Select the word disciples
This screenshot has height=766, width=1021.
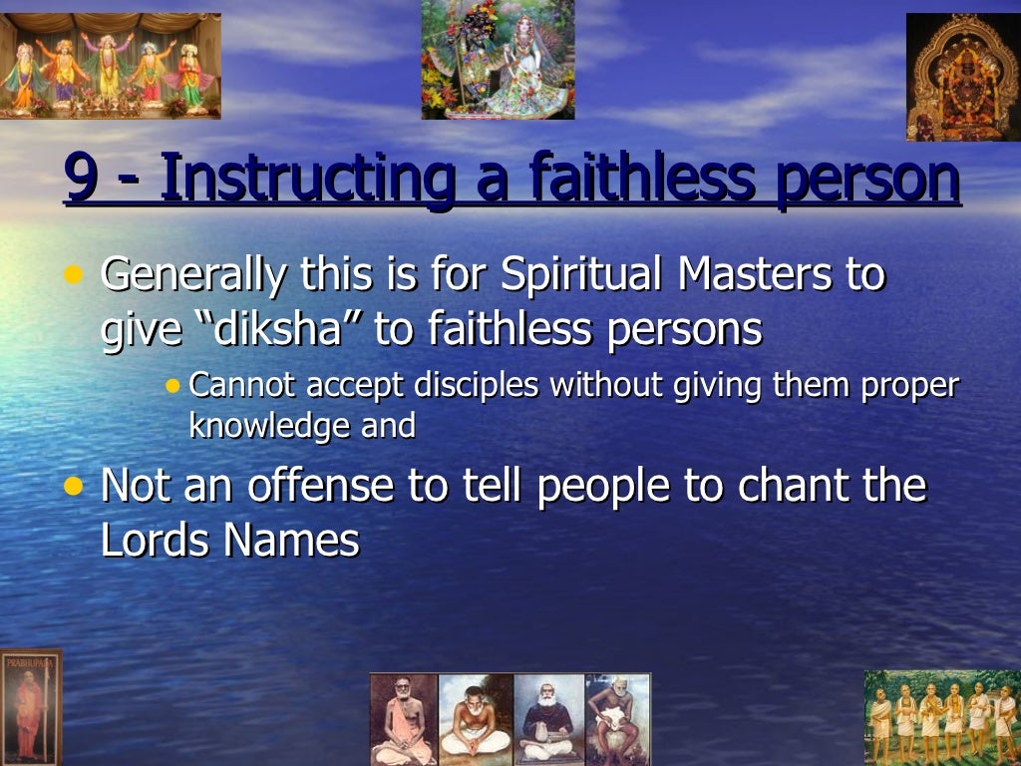pyautogui.click(x=470, y=385)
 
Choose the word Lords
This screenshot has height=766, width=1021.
pyautogui.click(x=155, y=540)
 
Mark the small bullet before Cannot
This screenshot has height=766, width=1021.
pyautogui.click(x=174, y=385)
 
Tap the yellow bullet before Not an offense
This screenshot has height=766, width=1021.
pyautogui.click(x=73, y=487)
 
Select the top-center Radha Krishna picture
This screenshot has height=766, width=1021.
pyautogui.click(x=498, y=60)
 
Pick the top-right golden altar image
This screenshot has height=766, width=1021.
pyautogui.click(x=963, y=78)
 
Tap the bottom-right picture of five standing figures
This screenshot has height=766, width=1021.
pyautogui.click(x=942, y=717)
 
